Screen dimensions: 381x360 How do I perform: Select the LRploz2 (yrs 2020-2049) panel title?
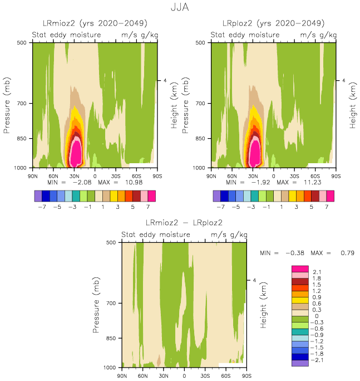coord(273,23)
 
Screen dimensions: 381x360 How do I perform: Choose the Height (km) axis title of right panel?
coord(353,105)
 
